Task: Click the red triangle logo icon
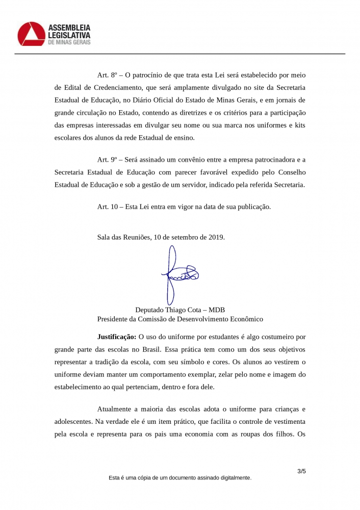pyautogui.click(x=31, y=34)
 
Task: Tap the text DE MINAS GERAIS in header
pyautogui.click(x=69, y=42)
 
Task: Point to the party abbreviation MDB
pyautogui.click(x=217, y=310)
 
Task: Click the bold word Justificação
pyautogui.click(x=117, y=337)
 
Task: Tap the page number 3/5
pyautogui.click(x=301, y=471)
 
